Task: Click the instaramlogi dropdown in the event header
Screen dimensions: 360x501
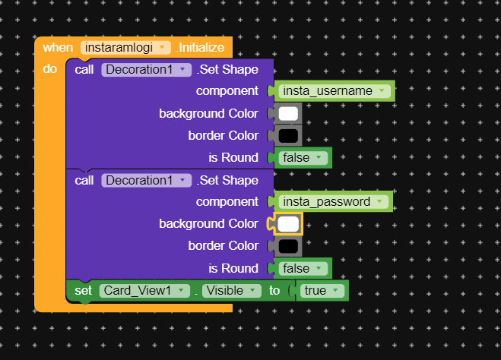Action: tap(126, 47)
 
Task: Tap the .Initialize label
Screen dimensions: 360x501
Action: tap(200, 47)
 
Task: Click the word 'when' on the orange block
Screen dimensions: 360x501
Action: tap(58, 47)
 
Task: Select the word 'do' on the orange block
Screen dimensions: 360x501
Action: tap(49, 69)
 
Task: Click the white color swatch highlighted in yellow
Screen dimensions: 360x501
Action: tap(288, 224)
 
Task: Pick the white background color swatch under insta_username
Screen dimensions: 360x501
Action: tap(288, 114)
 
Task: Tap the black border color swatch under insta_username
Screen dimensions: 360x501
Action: tap(288, 136)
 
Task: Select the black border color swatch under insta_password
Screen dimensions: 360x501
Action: tap(288, 246)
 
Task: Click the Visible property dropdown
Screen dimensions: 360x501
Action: tap(231, 290)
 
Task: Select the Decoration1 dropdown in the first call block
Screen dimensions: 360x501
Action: tap(146, 70)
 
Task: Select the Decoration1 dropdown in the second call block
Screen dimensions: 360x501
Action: tap(146, 180)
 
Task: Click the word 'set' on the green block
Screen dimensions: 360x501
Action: tap(83, 290)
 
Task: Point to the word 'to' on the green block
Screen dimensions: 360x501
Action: tap(274, 290)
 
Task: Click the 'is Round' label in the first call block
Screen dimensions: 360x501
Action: tap(233, 158)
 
